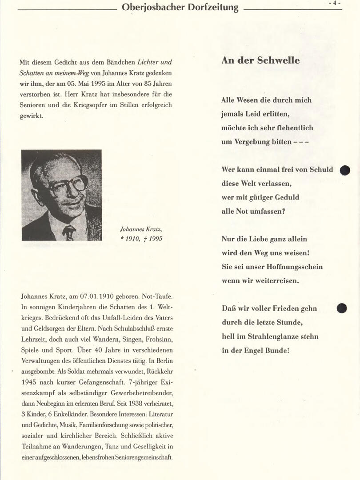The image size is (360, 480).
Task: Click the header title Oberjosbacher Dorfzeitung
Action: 180,8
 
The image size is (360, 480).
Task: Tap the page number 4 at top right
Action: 335,3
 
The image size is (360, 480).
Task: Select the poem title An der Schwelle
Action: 260,60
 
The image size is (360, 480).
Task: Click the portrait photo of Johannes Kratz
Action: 61,195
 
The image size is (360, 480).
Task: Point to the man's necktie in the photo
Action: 69,232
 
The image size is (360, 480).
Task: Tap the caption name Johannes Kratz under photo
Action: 141,229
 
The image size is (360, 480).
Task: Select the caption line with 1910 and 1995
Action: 141,239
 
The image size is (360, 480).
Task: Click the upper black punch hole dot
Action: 345,170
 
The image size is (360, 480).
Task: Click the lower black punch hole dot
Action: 341,308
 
